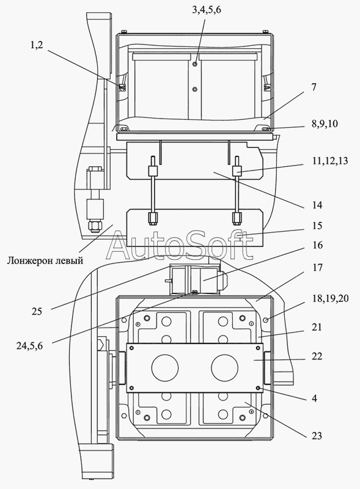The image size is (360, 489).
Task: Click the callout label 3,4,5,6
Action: pyautogui.click(x=206, y=10)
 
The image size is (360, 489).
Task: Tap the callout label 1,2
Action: pyautogui.click(x=37, y=45)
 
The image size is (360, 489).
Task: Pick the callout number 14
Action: pyautogui.click(x=317, y=205)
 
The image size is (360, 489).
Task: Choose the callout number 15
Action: pyautogui.click(x=317, y=226)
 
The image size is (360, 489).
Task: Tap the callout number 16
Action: pyautogui.click(x=317, y=245)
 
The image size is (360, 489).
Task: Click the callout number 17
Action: pyautogui.click(x=317, y=268)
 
